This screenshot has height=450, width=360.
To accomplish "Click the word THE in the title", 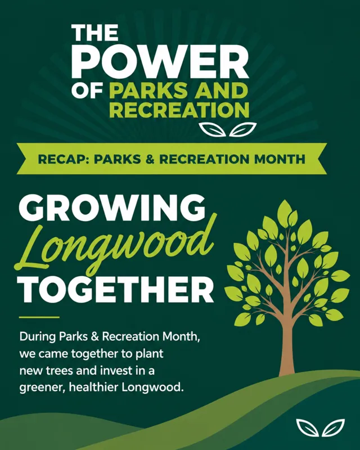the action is point(94,33).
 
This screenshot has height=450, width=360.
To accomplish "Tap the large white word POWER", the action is point(160,61).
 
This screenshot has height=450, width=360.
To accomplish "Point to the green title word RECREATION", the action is point(179,110).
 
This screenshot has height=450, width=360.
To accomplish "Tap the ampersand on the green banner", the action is point(150,159).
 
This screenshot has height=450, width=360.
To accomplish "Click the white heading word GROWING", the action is point(112,208).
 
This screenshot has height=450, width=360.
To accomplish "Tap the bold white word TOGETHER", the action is point(115,289).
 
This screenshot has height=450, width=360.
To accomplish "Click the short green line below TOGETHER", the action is point(39,317).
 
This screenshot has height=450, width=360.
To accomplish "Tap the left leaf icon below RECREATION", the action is point(213,129).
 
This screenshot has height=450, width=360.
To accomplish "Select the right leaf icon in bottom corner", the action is point(334,428).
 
